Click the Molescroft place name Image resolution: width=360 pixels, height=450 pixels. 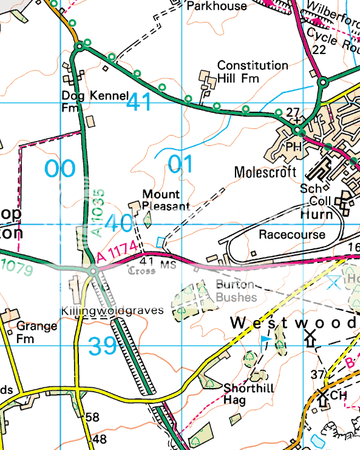click(265, 172)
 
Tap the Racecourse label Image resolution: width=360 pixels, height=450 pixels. click(291, 234)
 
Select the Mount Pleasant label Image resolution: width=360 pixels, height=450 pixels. click(161, 200)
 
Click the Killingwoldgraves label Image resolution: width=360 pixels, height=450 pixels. click(113, 310)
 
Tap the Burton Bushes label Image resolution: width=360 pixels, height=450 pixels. click(237, 291)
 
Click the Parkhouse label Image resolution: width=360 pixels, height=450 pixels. click(217, 6)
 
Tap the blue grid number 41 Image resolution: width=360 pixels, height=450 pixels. click(139, 103)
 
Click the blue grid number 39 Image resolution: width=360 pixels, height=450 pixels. click(102, 347)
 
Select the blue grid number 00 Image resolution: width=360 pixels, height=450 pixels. click(59, 169)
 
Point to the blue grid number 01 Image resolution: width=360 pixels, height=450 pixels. click(180, 165)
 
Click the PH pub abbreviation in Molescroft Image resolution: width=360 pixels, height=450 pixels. click(294, 146)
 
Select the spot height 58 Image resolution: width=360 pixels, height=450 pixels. click(92, 417)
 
